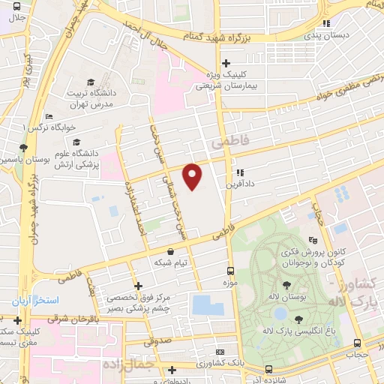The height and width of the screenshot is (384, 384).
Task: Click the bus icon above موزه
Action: [230, 271]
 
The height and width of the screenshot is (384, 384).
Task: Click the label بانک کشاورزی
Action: [229, 364]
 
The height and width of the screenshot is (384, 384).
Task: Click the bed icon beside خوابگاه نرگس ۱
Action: [48, 117]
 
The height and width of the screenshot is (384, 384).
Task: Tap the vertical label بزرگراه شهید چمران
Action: [31, 210]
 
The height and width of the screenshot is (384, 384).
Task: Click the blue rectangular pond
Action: [202, 304]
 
